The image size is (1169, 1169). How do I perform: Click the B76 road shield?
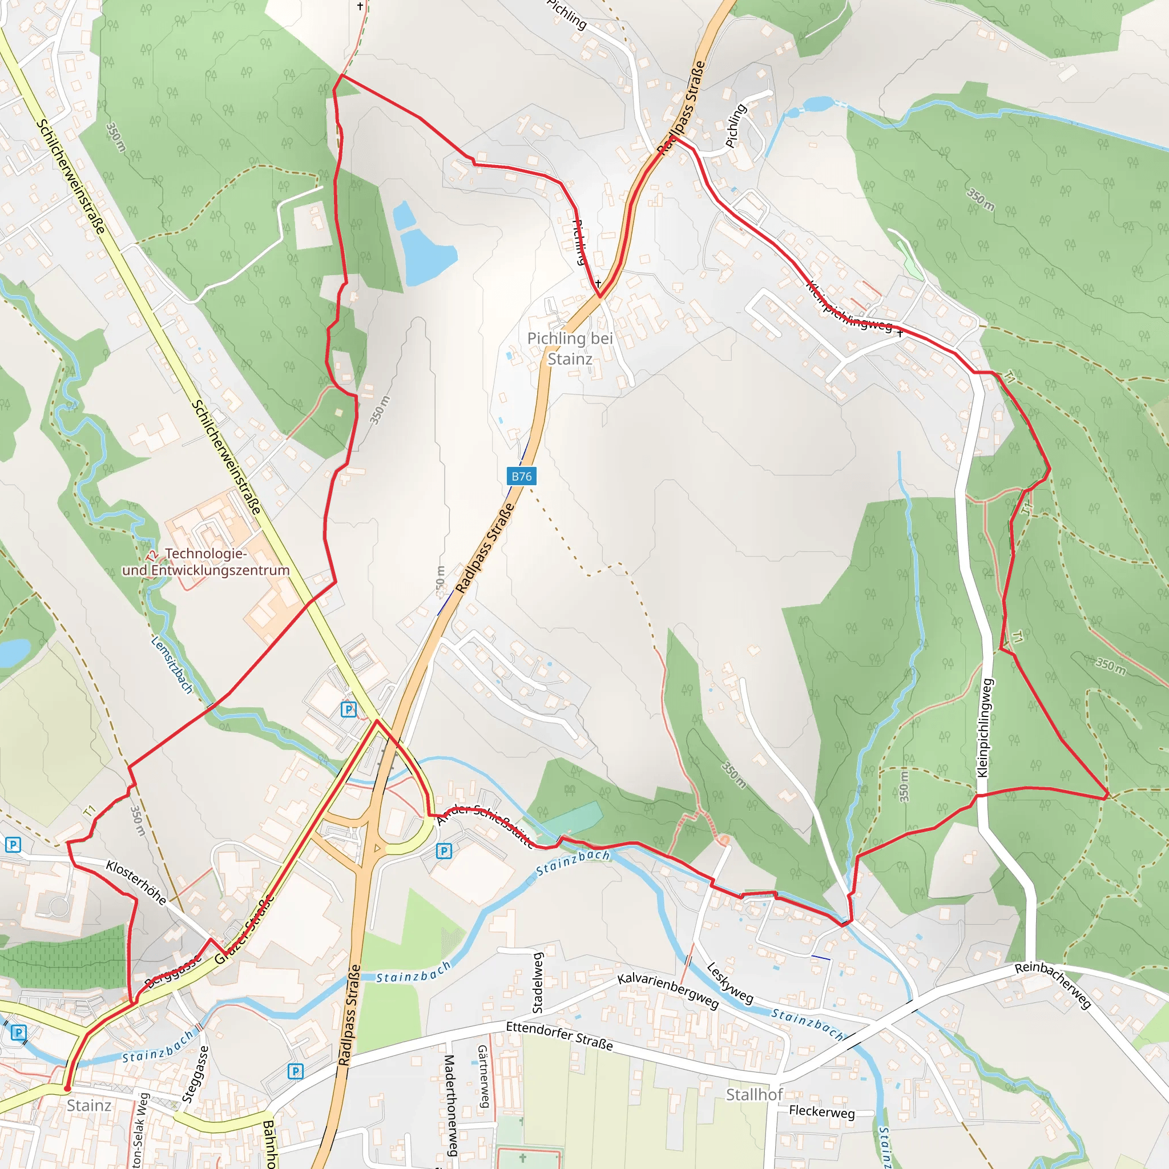pos(521,476)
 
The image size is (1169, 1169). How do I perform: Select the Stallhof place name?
pos(754,1095)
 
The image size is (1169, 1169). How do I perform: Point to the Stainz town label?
pos(89,1106)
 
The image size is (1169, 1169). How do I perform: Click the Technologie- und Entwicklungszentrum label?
pos(205,562)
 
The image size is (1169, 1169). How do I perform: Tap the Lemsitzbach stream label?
pos(172,664)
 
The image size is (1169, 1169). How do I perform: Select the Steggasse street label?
pos(195,1074)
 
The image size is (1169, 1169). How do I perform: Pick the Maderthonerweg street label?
pos(449,1105)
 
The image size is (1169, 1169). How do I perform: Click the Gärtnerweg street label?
pos(483,1077)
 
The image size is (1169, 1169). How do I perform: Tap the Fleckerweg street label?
pos(822,1112)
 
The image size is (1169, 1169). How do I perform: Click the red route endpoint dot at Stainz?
pos(67,1088)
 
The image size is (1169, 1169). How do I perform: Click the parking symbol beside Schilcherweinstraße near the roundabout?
pos(349,709)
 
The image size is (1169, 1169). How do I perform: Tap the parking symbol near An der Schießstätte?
pos(444,851)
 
